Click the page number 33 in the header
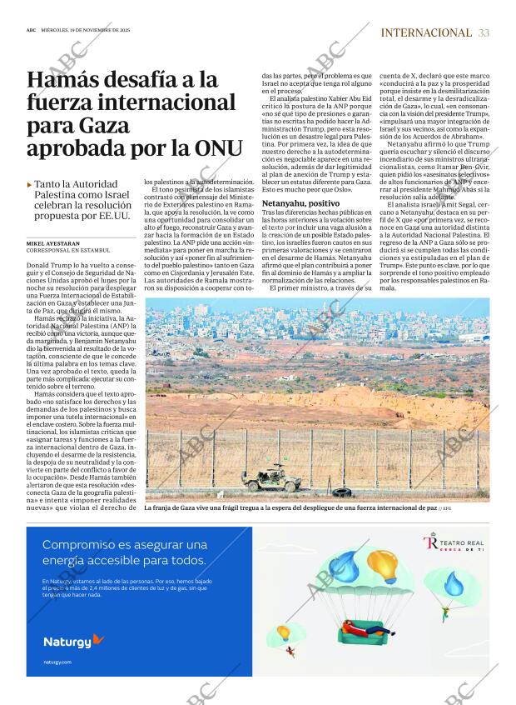click(x=484, y=32)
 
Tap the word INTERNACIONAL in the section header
click(x=425, y=32)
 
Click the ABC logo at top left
click(x=31, y=27)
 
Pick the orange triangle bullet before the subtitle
click(x=30, y=184)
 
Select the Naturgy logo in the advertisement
click(x=73, y=641)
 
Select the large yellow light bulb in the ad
click(x=385, y=565)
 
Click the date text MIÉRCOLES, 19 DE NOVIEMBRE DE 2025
click(x=91, y=27)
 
